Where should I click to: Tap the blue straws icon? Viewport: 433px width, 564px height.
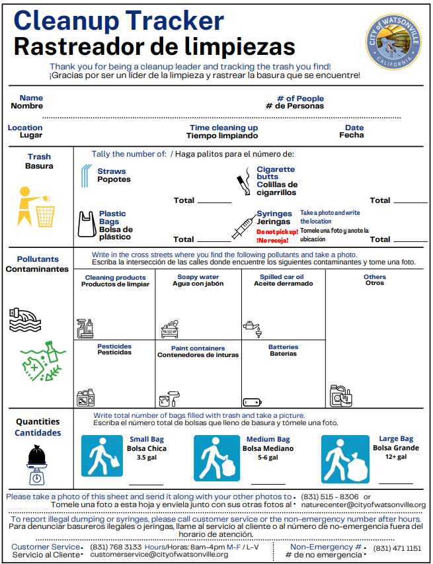pos(85,177)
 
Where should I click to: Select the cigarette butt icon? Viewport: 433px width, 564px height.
pos(243,182)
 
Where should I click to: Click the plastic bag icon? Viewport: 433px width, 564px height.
pos(86,224)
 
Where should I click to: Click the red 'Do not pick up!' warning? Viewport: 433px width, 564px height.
pos(277,232)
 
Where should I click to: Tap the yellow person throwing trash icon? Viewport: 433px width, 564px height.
pos(36,206)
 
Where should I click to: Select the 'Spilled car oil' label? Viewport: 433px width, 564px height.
pos(282,277)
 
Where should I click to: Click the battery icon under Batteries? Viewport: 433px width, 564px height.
pos(253,401)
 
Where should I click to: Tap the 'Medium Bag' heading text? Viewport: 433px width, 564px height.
pos(268,440)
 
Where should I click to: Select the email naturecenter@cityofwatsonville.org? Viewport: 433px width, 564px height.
pos(363,505)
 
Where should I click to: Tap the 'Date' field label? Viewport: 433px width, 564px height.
pos(354,128)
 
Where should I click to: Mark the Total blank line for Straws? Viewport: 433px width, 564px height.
pos(214,202)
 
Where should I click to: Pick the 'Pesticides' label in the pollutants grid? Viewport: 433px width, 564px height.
pos(114,346)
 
